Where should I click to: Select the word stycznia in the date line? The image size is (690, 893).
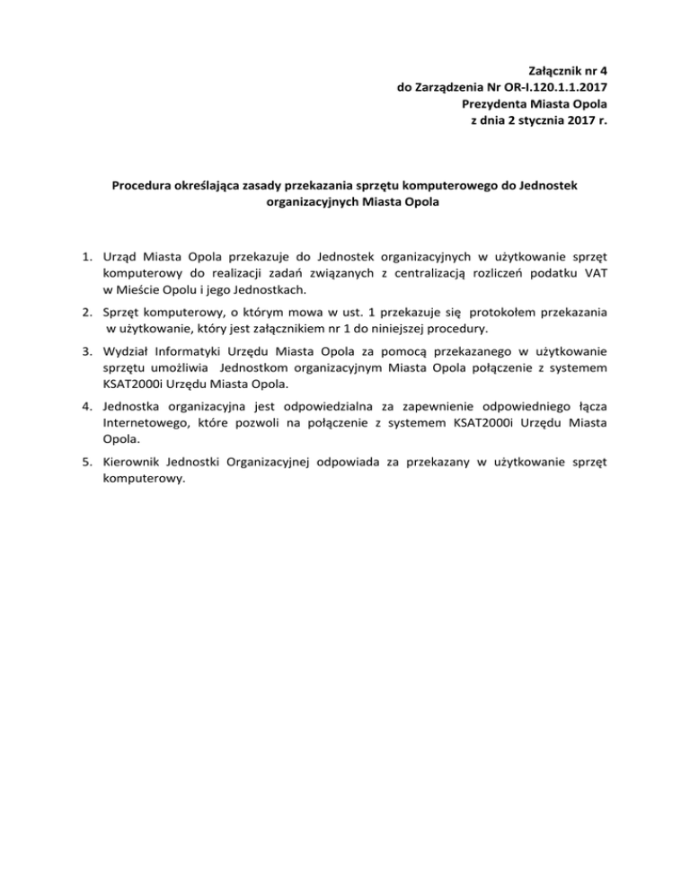coord(535,122)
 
